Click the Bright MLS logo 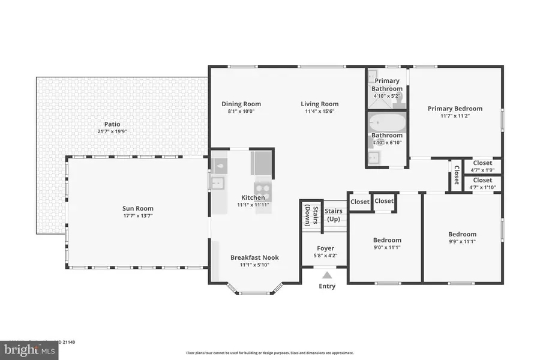31,349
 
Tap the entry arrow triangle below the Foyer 326,275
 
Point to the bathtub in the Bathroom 385,124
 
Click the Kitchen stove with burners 263,190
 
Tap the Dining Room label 241,104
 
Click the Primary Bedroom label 455,109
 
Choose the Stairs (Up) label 334,215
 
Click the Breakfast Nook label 254,257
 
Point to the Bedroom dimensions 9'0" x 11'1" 386,248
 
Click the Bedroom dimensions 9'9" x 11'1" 462,242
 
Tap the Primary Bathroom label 387,85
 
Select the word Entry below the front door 327,286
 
